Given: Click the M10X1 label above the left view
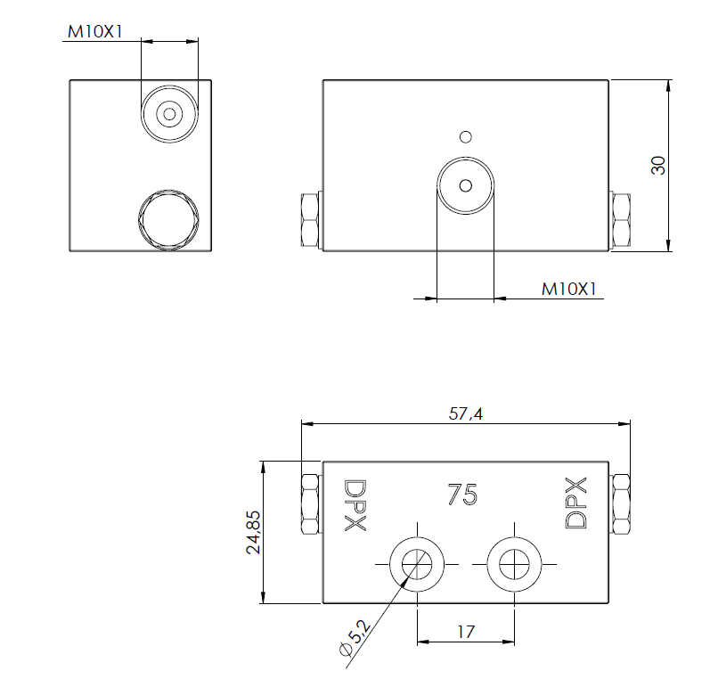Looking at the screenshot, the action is tap(95, 32).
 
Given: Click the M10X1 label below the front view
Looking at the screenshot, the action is tap(569, 289).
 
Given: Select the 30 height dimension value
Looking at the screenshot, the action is tap(658, 166).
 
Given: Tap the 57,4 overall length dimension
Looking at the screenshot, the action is tap(466, 413).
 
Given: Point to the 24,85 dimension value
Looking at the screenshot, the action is tap(253, 532).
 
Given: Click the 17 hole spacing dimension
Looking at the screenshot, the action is tap(466, 632).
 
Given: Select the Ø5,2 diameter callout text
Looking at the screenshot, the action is tap(355, 637).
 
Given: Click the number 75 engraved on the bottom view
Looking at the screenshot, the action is tap(462, 494).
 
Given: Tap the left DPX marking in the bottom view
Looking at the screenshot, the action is tap(355, 505).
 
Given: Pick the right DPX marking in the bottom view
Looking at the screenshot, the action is tap(576, 503).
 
